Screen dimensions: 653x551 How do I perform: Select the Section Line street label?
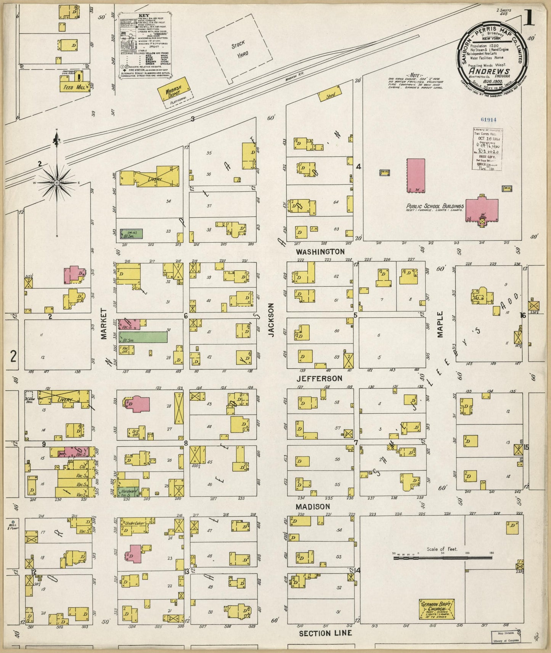point(325,633)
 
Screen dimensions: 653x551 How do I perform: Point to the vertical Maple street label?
point(440,324)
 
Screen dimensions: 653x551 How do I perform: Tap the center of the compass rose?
point(57,183)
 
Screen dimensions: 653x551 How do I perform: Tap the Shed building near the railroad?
point(330,95)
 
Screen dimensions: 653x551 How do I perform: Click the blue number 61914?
point(488,119)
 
